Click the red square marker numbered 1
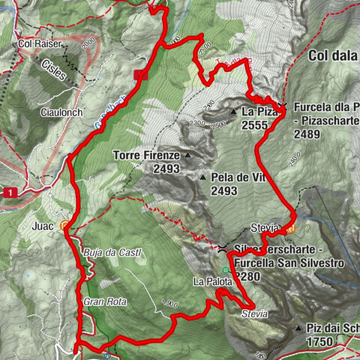[10, 193]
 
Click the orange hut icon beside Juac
[65, 224]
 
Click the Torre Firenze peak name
[145, 156]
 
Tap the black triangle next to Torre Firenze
[187, 157]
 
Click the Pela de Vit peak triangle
[202, 178]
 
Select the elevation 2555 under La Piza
[256, 125]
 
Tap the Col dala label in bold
[333, 55]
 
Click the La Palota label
[209, 282]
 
